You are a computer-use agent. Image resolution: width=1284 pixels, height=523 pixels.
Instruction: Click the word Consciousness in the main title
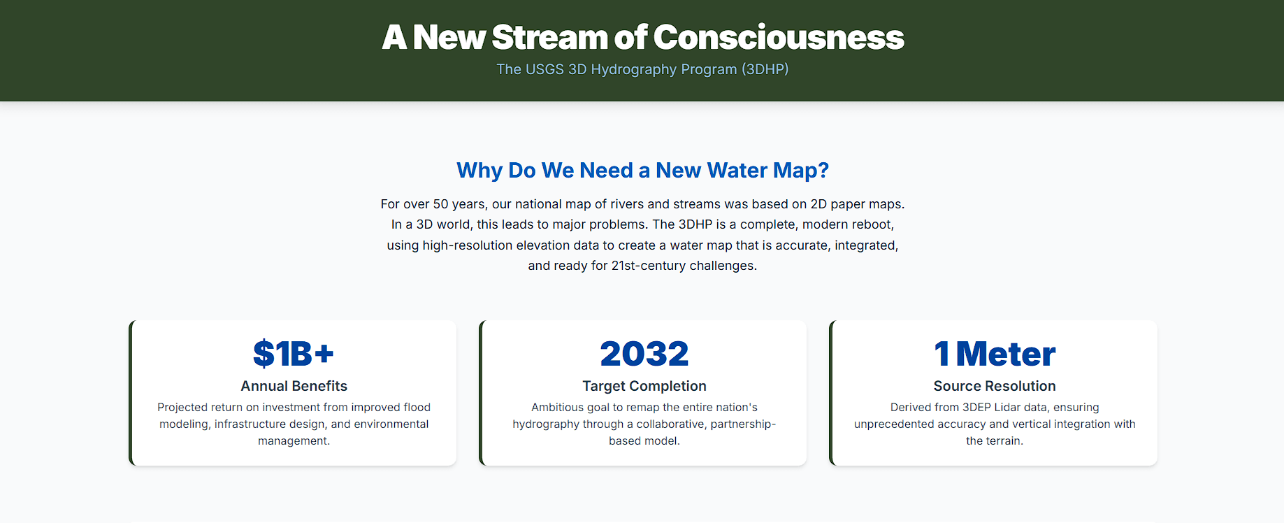[x=779, y=38]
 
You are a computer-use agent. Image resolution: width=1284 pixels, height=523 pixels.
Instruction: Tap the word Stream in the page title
[x=549, y=38]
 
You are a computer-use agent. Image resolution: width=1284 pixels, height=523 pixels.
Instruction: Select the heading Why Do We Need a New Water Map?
[x=642, y=170]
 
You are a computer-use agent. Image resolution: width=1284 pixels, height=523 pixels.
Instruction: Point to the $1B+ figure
[x=294, y=354]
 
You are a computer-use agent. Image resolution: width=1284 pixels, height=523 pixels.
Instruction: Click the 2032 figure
[x=644, y=354]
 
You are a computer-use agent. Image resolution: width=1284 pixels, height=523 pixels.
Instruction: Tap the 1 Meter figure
[x=994, y=354]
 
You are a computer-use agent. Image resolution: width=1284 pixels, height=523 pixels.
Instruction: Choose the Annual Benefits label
[x=294, y=386]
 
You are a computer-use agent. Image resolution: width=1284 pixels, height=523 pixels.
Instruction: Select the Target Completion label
[x=644, y=386]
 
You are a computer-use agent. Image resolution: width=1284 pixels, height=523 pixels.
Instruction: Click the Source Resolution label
[x=994, y=386]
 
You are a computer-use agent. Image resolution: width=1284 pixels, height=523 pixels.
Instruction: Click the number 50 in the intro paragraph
[x=440, y=204]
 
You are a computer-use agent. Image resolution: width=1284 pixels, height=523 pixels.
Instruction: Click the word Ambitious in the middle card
[x=557, y=407]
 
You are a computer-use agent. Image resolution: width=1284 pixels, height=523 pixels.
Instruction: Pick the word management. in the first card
[x=294, y=440]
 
